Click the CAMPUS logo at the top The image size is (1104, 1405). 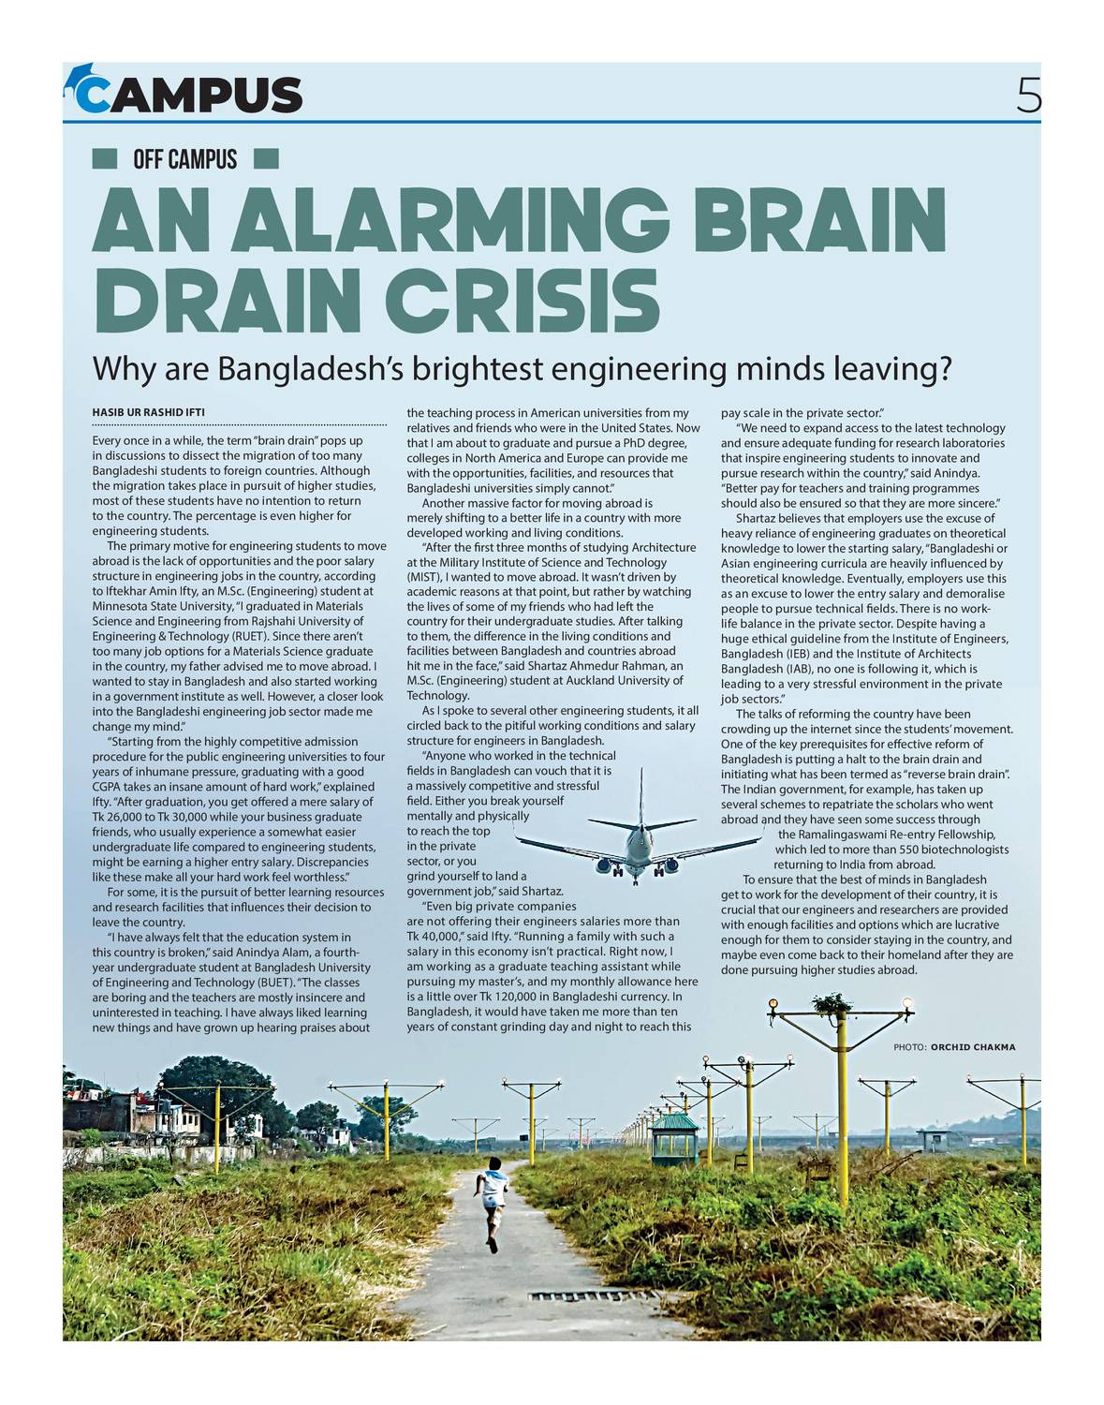(184, 93)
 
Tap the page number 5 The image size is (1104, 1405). (1028, 95)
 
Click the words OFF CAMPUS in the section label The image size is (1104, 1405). (185, 159)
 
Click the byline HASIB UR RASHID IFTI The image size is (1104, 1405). (148, 412)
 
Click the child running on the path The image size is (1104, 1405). (493, 1202)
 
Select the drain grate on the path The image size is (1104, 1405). (567, 1296)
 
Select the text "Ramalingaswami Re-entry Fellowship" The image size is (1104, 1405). (886, 835)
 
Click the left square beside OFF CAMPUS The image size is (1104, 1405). (104, 159)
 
